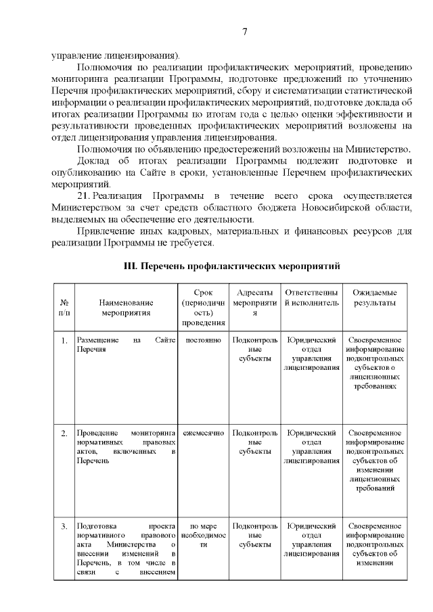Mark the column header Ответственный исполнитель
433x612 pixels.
(x=311, y=298)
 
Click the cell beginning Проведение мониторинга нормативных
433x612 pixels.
(x=126, y=446)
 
